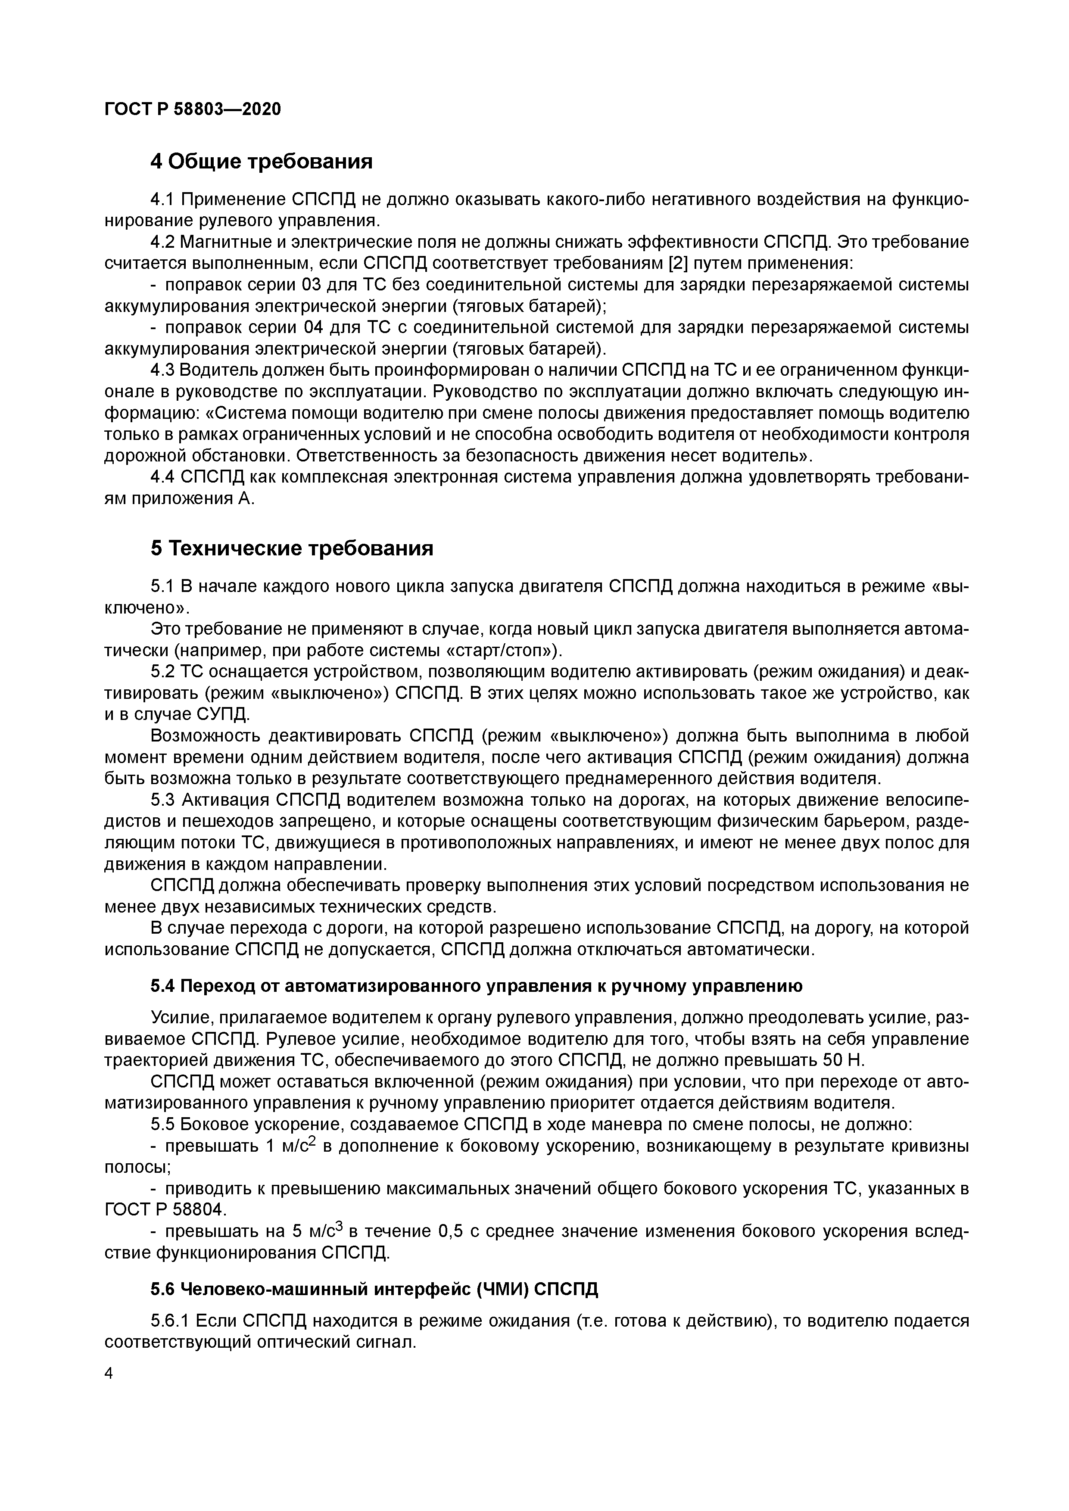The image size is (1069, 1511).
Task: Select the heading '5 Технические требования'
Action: click(292, 548)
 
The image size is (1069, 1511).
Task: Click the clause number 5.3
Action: click(162, 800)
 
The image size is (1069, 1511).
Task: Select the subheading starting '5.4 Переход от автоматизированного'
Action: click(476, 986)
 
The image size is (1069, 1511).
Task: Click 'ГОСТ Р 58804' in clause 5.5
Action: click(165, 1209)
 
